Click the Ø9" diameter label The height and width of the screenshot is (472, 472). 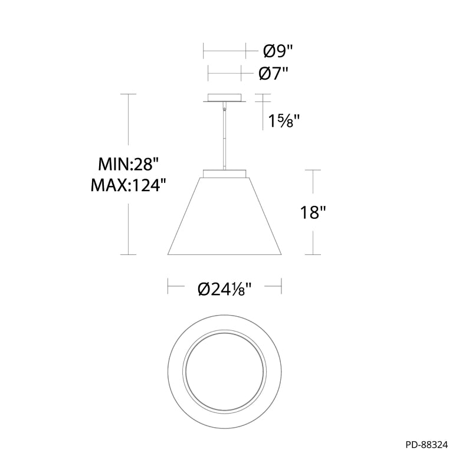tap(278, 51)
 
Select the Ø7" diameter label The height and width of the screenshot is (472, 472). tap(273, 73)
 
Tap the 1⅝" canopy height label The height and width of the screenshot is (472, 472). tap(284, 121)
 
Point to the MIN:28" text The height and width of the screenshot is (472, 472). tap(129, 165)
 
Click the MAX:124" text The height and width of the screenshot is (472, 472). tap(129, 185)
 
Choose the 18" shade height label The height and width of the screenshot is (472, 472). tap(313, 212)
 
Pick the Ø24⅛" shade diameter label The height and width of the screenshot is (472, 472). tap(225, 290)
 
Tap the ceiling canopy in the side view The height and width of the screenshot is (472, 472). tap(225, 98)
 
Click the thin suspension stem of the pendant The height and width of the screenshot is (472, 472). tap(225, 136)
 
